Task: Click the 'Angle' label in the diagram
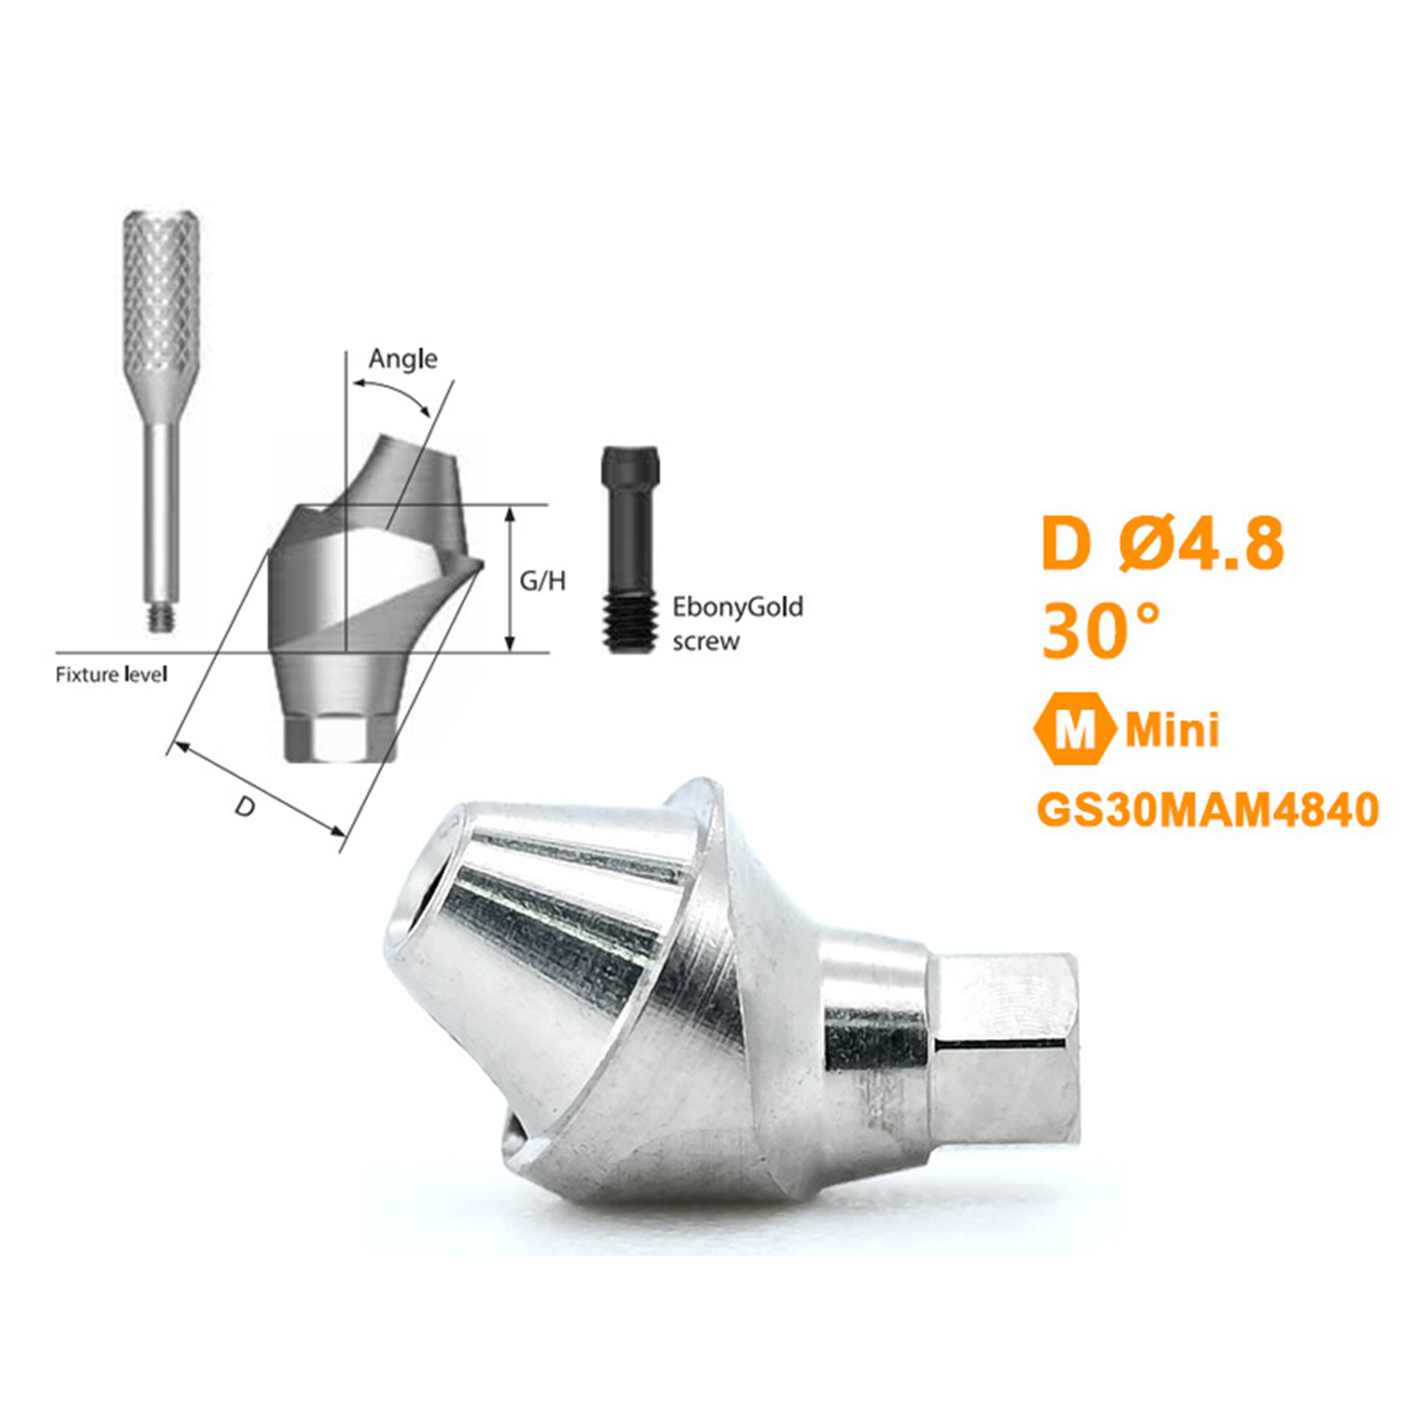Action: [403, 359]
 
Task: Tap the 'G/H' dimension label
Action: [542, 582]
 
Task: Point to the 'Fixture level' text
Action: [111, 674]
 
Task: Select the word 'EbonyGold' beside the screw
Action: [738, 607]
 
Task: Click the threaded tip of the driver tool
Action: [161, 618]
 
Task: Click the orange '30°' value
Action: [1101, 631]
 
